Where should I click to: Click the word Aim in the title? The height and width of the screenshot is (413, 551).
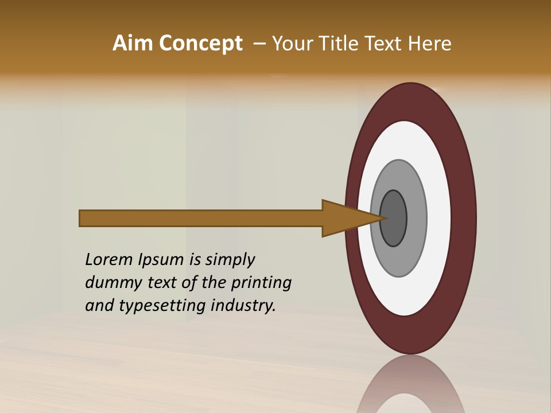click(x=133, y=44)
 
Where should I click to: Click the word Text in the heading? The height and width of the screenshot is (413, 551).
click(x=384, y=44)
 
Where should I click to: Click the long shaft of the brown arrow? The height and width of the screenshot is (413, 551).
click(x=201, y=219)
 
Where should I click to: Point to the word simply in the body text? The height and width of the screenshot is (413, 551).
click(x=230, y=260)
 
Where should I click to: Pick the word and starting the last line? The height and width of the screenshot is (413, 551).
click(x=99, y=306)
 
